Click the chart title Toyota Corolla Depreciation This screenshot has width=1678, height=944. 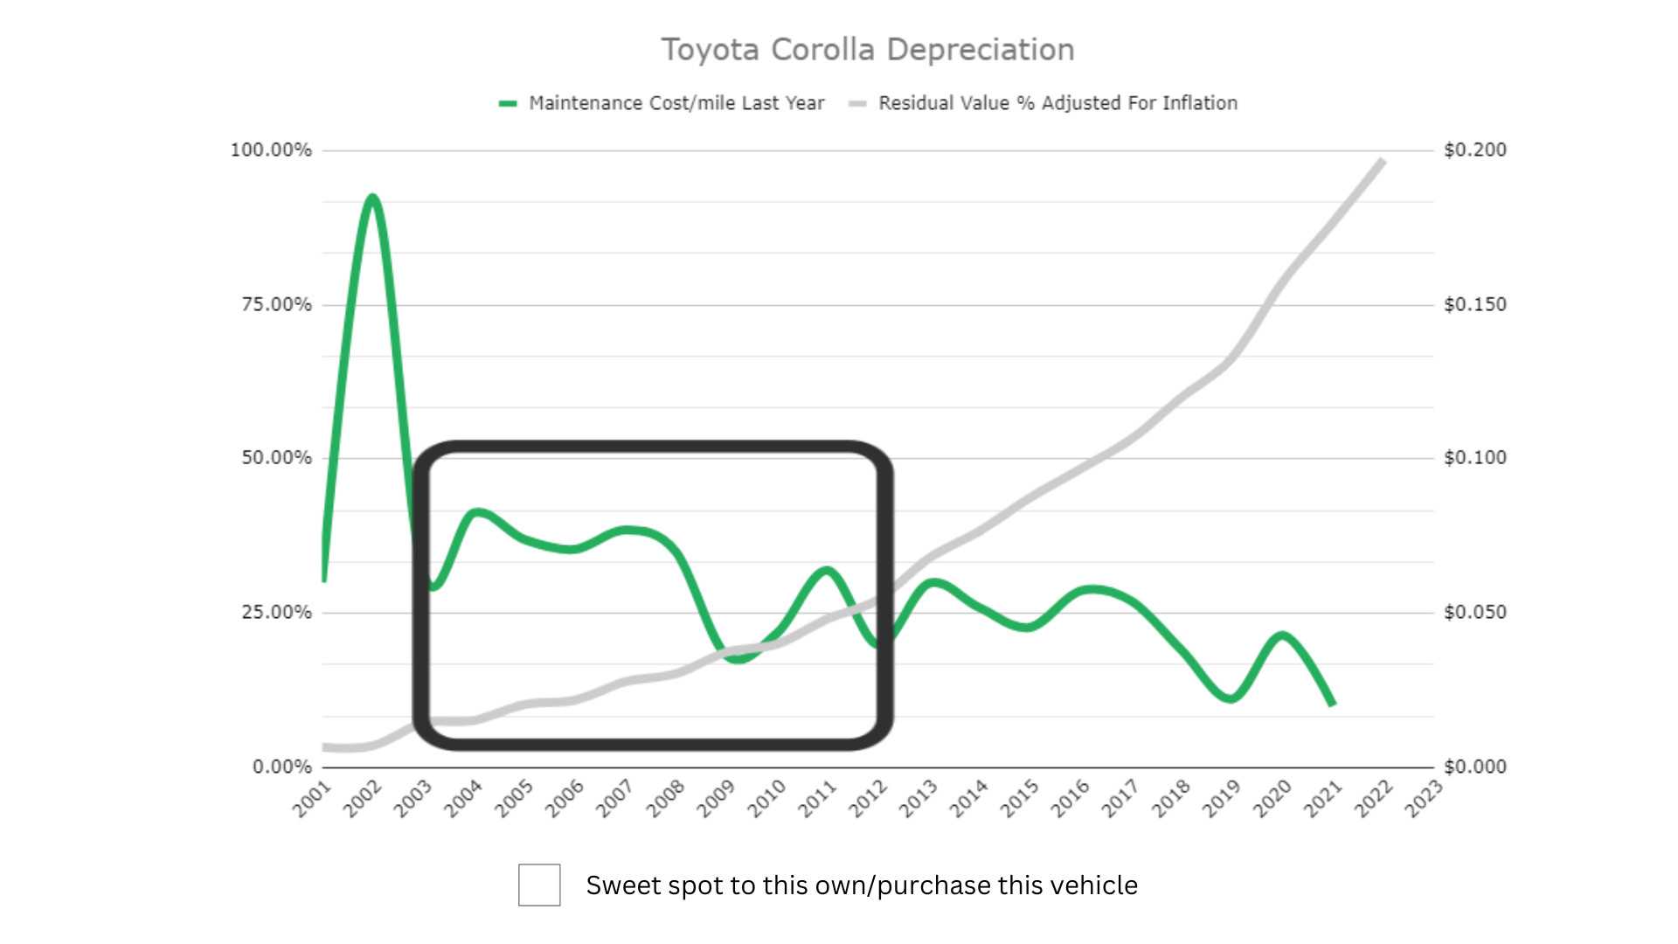click(x=867, y=50)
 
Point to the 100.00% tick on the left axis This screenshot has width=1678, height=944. click(x=271, y=150)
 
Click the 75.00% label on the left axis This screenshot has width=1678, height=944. click(x=276, y=305)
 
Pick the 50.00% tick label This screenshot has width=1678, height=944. click(x=276, y=458)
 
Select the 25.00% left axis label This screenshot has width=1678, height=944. click(x=276, y=613)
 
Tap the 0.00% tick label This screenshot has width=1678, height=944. click(x=281, y=767)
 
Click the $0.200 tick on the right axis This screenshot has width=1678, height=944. click(x=1475, y=150)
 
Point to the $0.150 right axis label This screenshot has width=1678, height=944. click(x=1475, y=305)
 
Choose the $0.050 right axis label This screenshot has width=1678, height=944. click(x=1475, y=613)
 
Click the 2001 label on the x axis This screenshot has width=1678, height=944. click(x=312, y=799)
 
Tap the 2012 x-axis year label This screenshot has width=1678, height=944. click(x=868, y=799)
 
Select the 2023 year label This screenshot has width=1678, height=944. click(x=1423, y=799)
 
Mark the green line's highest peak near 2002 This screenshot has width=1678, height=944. click(x=373, y=198)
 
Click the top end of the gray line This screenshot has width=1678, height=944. click(x=1382, y=161)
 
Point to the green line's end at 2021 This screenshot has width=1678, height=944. click(x=1333, y=704)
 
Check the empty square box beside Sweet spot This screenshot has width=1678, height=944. click(x=539, y=885)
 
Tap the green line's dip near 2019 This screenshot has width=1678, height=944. click(x=1231, y=698)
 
